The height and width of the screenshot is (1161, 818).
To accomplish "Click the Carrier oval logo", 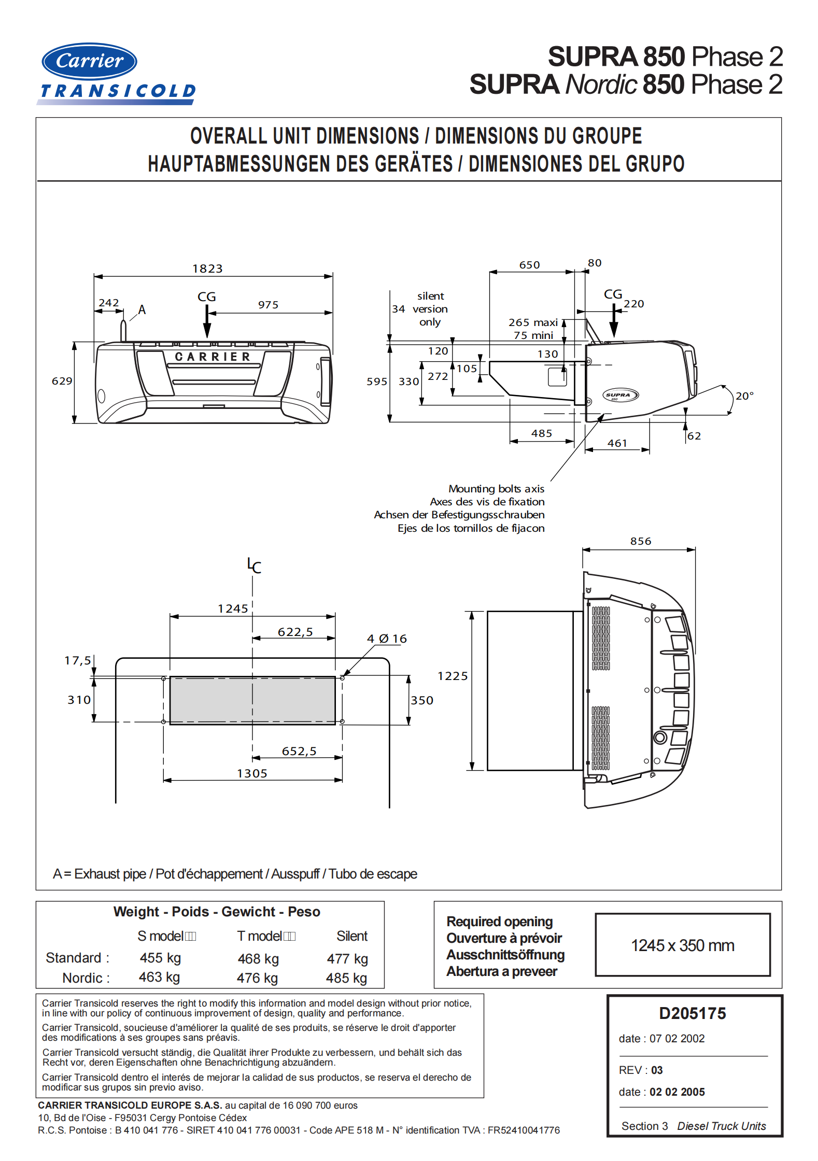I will (x=89, y=61).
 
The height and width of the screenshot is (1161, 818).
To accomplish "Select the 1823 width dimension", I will (x=207, y=268).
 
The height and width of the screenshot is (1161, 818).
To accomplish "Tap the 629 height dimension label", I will (x=62, y=381).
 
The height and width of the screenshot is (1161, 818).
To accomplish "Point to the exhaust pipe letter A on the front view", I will (x=142, y=310).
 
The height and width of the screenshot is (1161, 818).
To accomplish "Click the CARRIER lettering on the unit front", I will (x=213, y=357).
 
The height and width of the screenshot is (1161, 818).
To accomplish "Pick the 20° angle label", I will (x=744, y=396).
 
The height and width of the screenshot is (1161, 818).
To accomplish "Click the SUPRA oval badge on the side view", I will (x=620, y=395).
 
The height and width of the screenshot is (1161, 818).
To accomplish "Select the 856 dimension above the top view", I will (x=641, y=541).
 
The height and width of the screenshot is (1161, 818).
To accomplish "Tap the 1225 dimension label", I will (x=453, y=676).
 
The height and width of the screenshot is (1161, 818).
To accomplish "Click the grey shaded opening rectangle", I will (x=252, y=700).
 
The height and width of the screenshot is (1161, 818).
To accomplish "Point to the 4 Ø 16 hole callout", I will (x=387, y=639).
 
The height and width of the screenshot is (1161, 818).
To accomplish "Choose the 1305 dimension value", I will (x=252, y=773).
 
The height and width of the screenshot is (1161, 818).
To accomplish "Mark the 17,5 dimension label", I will (x=77, y=660).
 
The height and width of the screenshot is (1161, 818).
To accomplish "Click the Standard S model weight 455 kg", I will (x=160, y=958).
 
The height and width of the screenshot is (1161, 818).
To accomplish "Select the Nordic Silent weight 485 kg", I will (x=346, y=978).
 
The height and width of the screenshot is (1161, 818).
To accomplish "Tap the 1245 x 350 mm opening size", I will (x=682, y=945).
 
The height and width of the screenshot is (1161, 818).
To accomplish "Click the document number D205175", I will (x=693, y=1013).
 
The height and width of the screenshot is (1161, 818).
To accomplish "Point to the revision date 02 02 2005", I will (x=677, y=1092).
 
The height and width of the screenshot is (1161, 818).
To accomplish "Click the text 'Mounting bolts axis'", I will (x=496, y=489).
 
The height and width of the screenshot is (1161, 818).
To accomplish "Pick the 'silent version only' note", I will (x=430, y=309).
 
